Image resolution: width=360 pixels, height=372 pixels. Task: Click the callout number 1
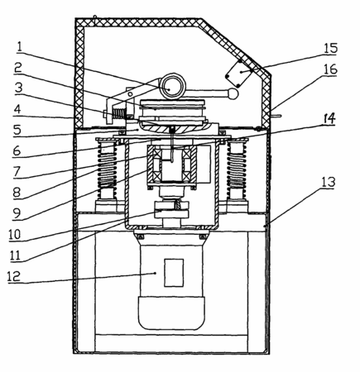click(x=19, y=48)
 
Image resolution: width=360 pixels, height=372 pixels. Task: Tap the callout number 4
click(x=17, y=109)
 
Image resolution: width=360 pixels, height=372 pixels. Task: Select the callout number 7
click(x=17, y=171)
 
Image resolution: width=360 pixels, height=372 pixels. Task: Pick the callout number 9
click(x=17, y=213)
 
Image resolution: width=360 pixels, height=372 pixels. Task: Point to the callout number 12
click(x=14, y=276)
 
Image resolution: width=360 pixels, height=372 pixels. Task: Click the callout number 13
click(x=328, y=183)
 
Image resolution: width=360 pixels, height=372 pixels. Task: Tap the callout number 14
click(x=328, y=119)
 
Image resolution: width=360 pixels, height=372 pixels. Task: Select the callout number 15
click(x=330, y=48)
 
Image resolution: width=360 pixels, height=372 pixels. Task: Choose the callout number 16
click(x=330, y=69)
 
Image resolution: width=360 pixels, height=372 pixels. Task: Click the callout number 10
click(x=15, y=235)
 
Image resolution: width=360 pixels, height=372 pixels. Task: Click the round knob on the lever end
click(x=233, y=94)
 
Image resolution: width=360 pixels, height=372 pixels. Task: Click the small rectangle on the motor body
click(x=174, y=273)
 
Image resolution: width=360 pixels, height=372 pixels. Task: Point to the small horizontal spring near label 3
click(x=118, y=113)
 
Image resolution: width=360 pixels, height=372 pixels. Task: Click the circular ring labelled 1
click(x=172, y=87)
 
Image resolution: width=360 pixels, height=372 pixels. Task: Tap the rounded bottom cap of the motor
click(x=171, y=313)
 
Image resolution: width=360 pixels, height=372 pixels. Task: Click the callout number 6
click(x=17, y=150)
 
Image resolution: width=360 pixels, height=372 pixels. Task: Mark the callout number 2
click(x=18, y=68)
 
